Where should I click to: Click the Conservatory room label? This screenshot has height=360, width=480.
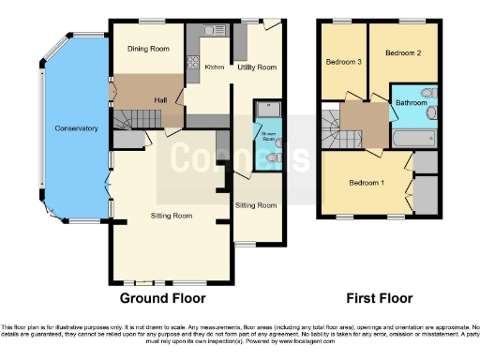76,127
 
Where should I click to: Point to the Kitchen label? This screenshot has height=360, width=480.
215,67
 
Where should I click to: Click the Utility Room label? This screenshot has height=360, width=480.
257,67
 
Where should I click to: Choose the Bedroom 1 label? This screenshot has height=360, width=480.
367,181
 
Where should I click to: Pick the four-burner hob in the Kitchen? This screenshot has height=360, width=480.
195,64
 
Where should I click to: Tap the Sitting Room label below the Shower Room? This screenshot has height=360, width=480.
255,205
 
